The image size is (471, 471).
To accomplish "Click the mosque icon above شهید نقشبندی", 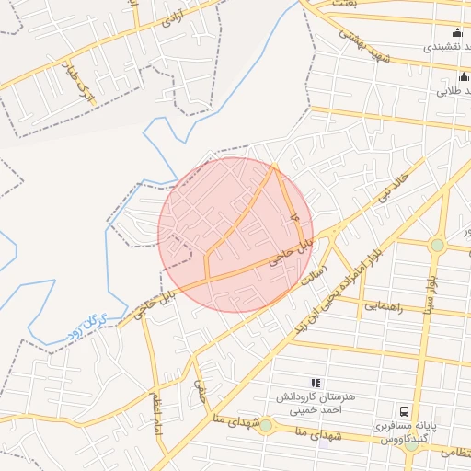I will coord(457,33).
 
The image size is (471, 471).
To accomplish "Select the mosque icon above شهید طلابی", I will coord(457,77).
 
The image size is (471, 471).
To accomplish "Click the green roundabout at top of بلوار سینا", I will coord(437,245).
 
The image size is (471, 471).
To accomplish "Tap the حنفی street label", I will coord(200,394).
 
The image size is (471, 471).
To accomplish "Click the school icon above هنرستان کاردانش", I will coord(316,383).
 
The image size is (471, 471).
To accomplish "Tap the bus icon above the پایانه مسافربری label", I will coord(403,411).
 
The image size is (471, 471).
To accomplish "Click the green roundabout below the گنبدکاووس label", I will coord(265,425).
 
